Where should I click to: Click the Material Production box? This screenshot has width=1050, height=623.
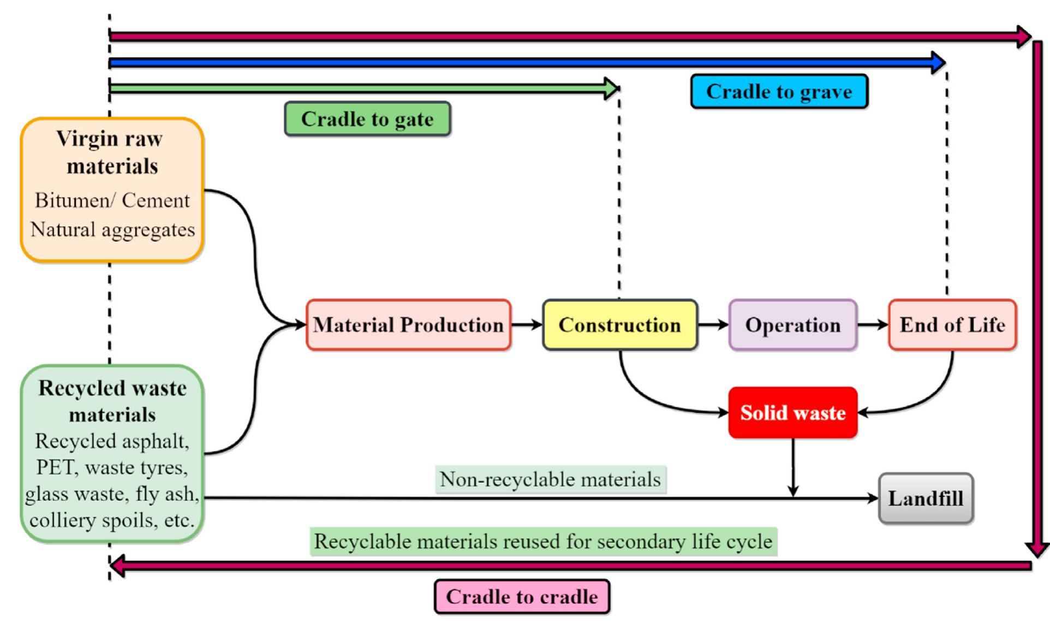408,325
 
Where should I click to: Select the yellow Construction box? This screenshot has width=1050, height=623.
620,325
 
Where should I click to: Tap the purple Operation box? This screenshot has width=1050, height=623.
792,325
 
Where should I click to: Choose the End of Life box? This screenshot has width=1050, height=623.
952,325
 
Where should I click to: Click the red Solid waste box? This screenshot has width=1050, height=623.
792,413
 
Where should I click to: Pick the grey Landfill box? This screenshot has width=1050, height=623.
926,499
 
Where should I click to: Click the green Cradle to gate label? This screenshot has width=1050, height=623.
367,119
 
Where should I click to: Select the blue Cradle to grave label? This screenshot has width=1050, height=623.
779,92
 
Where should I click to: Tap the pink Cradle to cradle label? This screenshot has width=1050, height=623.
522,597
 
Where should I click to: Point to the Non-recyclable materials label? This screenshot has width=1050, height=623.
550,479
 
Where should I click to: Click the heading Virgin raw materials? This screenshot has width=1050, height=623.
112,152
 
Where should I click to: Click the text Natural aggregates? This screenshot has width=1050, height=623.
112,230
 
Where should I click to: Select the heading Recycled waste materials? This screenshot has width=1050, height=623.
112,401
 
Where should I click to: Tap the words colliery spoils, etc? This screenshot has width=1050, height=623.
112,520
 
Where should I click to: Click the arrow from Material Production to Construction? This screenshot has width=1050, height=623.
527,325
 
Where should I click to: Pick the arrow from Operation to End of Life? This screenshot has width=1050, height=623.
873,325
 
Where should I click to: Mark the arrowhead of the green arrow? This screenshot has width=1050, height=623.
613,88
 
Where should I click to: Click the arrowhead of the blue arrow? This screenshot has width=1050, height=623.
939,63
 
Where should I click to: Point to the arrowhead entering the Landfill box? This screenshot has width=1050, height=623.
872,499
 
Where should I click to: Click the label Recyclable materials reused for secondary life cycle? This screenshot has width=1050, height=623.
543,542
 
